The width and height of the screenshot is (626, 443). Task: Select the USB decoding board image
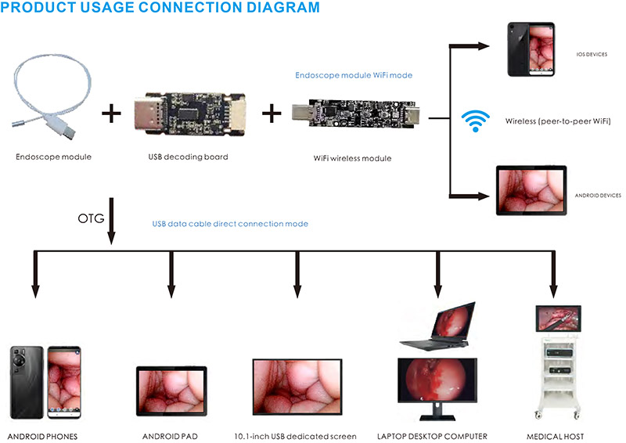pyautogui.click(x=187, y=115)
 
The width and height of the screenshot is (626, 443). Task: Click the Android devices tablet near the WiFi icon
pyautogui.click(x=531, y=190)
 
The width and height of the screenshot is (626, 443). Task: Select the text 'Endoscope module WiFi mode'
pyautogui.click(x=354, y=76)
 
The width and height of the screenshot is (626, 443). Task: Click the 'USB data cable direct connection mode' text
pyautogui.click(x=230, y=224)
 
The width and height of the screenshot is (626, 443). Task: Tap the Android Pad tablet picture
pyautogui.click(x=171, y=391)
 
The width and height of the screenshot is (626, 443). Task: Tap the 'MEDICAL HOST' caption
pyautogui.click(x=554, y=436)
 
